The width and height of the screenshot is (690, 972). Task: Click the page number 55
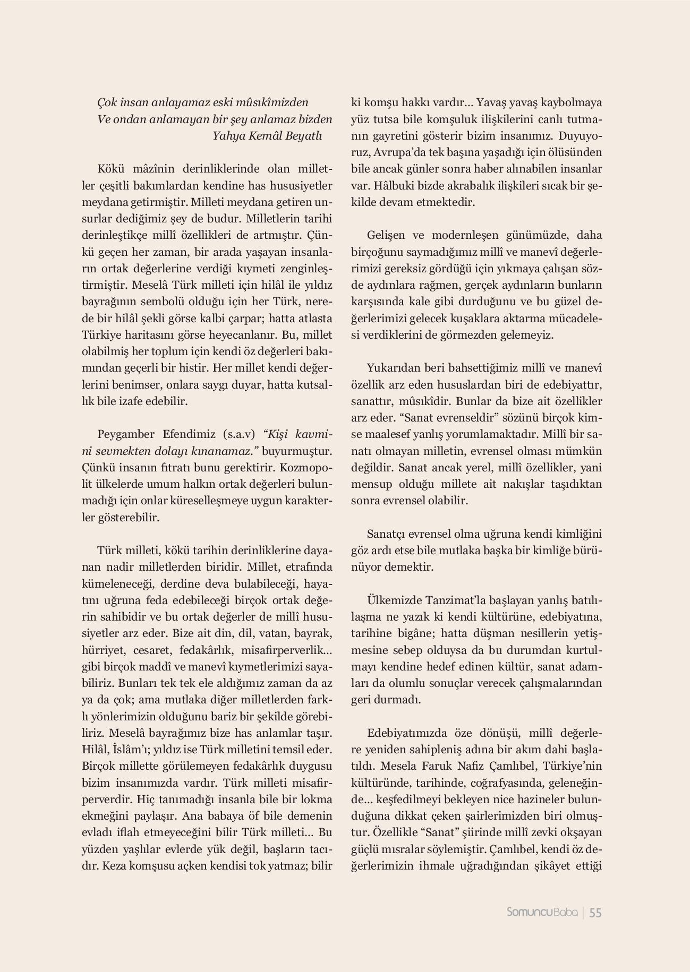tap(595, 913)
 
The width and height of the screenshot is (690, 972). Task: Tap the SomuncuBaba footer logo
tap(542, 913)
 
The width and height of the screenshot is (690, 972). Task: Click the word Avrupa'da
tap(400, 152)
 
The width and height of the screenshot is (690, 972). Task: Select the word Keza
tap(114, 866)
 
